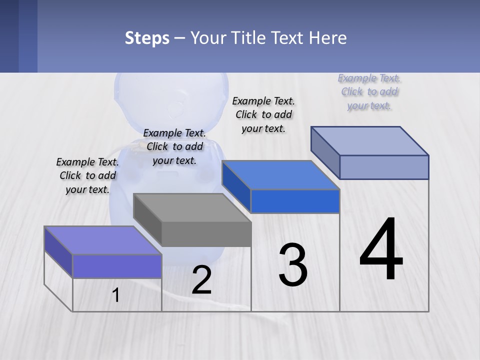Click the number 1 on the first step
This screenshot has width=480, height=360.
(x=116, y=295)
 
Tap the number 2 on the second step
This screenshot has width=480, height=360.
(x=201, y=280)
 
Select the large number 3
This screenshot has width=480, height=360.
(x=293, y=265)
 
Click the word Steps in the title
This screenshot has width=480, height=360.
(x=147, y=38)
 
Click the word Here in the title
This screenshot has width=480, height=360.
(x=328, y=38)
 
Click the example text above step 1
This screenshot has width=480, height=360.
(x=87, y=175)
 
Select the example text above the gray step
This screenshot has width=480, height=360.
(x=174, y=146)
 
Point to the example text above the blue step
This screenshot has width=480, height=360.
(x=263, y=114)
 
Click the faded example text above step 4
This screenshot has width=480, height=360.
(x=369, y=91)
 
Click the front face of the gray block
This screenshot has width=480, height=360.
(x=206, y=234)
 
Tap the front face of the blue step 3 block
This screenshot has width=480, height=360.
(x=295, y=201)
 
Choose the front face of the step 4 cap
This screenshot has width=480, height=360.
(x=384, y=167)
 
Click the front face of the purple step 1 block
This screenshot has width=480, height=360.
(x=117, y=266)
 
